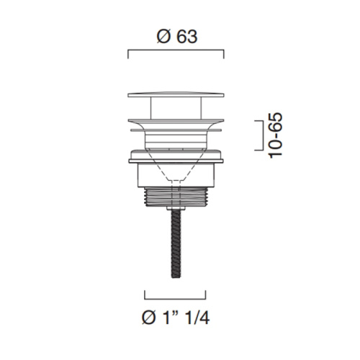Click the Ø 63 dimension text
pyautogui.click(x=177, y=37)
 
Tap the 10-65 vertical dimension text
pyautogui.click(x=276, y=135)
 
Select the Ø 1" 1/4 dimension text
pyautogui.click(x=176, y=318)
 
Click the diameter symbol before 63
pyautogui.click(x=163, y=37)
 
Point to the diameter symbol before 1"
pyautogui.click(x=148, y=318)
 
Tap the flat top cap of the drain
pyautogui.click(x=176, y=94)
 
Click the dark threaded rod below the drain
pyautogui.click(x=176, y=244)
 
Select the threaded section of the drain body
pyautogui.click(x=176, y=197)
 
